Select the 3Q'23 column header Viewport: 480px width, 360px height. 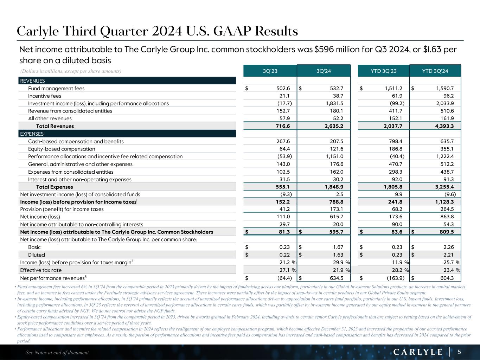270,71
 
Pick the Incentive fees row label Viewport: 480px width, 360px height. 45,96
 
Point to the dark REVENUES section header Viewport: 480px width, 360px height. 127,81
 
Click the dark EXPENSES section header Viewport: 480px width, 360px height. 127,134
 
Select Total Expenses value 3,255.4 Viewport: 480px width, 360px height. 441,187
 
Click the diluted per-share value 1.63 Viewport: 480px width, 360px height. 338,255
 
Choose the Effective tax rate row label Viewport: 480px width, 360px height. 41,270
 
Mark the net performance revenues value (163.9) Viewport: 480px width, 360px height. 396,278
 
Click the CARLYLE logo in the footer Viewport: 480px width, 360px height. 417,352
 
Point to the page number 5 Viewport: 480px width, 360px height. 459,352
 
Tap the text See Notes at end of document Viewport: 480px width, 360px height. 58,353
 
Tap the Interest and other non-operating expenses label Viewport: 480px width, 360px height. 80,180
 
